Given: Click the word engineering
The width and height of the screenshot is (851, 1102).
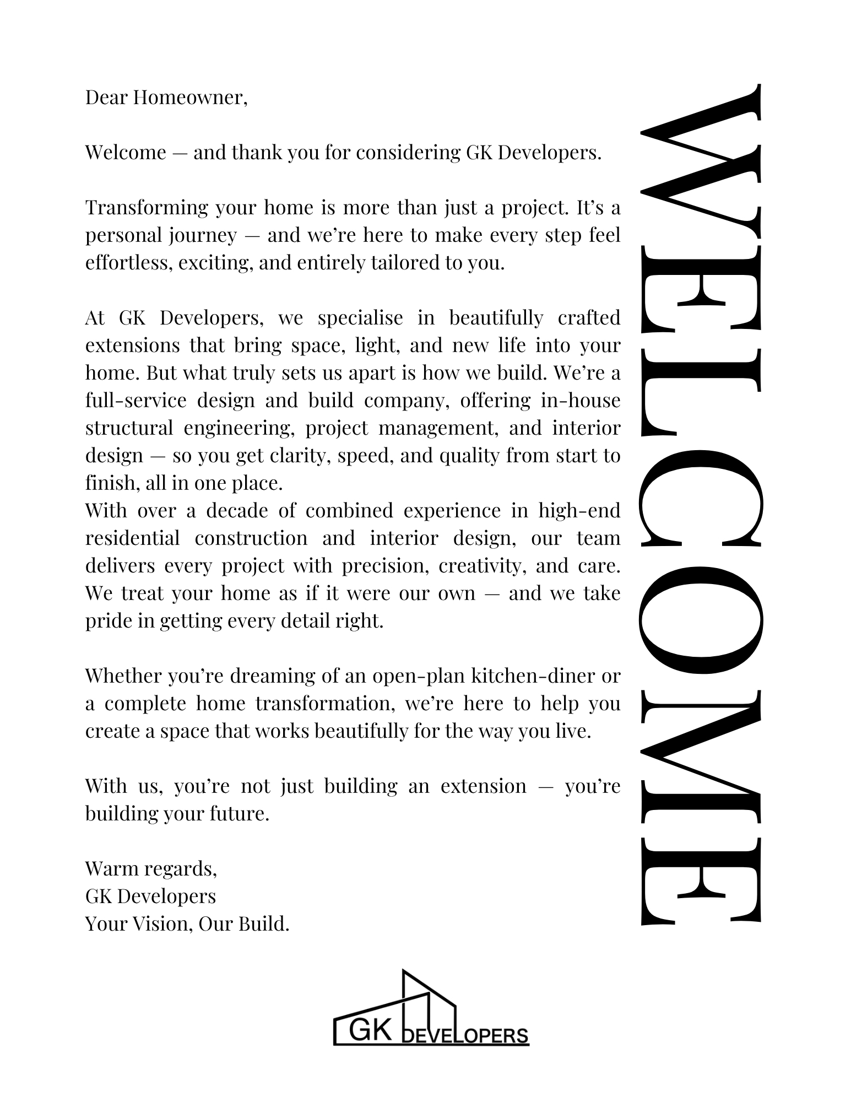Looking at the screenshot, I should pos(239,428).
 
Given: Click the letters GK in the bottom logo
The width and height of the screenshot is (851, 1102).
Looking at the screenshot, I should pos(372,1029).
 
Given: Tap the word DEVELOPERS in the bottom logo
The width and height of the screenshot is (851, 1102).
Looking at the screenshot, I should pos(466,1036).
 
